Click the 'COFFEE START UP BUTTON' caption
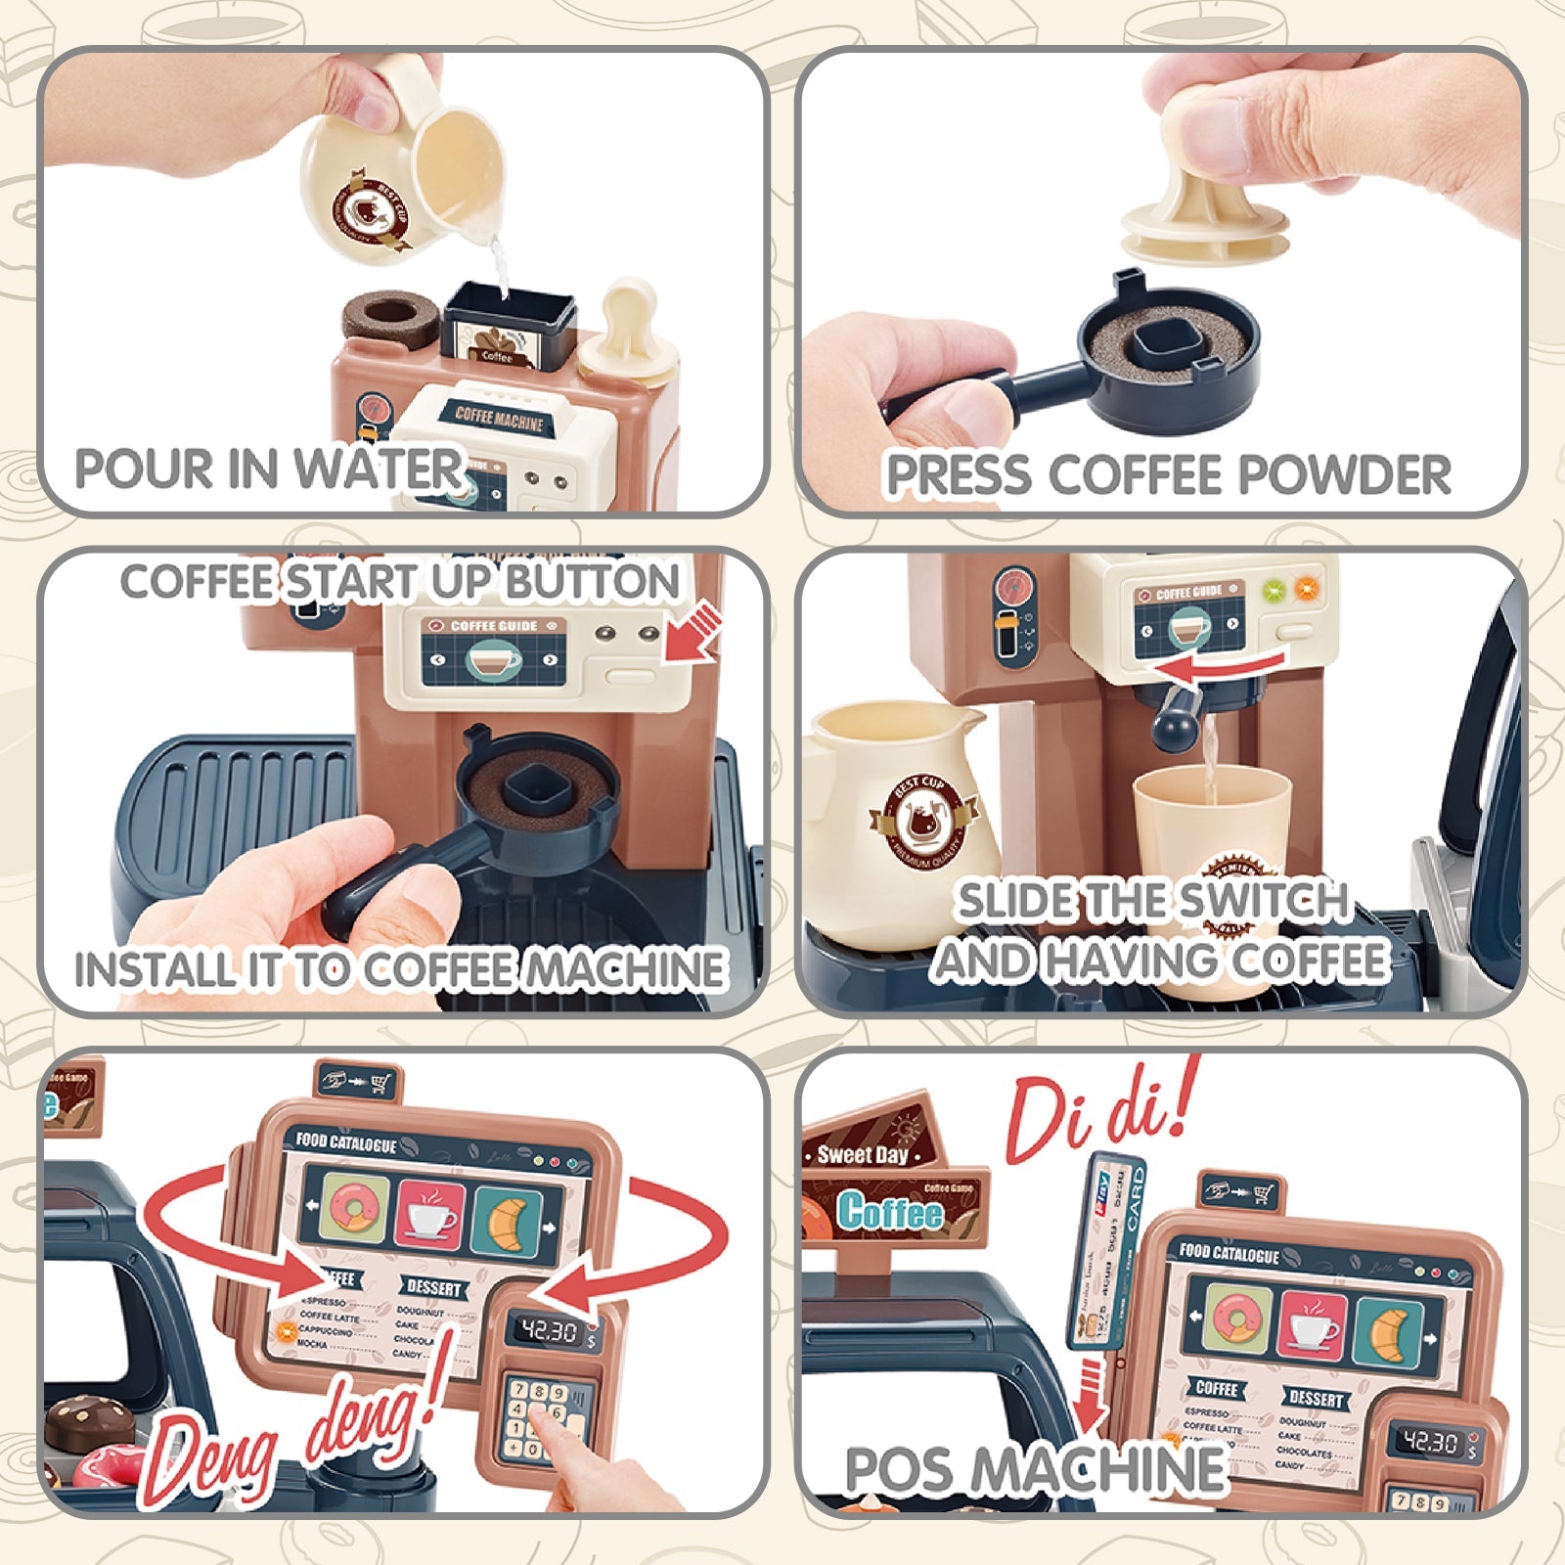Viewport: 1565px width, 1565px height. pos(399,582)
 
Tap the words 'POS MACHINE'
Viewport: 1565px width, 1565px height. pos(1034,1469)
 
